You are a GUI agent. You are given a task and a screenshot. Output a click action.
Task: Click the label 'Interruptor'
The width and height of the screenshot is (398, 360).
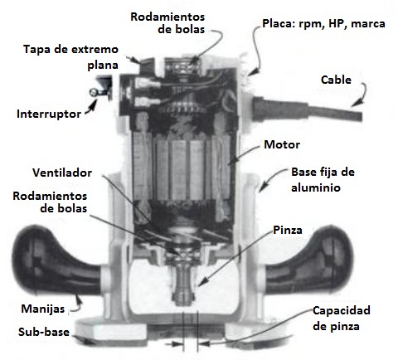pos(49,114)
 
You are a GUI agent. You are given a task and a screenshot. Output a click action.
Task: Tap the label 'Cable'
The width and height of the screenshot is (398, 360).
pos(336,80)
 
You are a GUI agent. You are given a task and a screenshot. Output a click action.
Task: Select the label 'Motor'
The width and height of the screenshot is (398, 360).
pos(282,144)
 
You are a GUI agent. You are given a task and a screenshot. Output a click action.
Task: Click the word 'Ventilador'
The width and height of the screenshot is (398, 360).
pos(62,173)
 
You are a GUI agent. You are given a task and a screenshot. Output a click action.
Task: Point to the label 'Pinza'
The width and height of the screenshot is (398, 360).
pos(288,230)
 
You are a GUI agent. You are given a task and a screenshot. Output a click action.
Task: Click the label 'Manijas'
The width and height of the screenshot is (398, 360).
pos(43,309)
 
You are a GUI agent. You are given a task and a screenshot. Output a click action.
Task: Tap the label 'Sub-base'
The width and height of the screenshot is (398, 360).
pos(44,332)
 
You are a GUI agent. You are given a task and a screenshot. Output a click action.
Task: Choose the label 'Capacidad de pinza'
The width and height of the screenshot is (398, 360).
pos(341,319)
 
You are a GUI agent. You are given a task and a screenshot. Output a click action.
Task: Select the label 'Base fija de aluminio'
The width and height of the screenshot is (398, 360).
pos(323,180)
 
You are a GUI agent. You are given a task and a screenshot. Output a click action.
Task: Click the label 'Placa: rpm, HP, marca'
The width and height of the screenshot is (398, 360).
pos(323,24)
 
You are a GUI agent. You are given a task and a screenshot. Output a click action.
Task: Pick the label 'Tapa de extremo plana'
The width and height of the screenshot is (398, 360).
pos(70,57)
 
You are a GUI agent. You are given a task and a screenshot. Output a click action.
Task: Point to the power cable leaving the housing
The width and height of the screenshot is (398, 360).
pos(307,110)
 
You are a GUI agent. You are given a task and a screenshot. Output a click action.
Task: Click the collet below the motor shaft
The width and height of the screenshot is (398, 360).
pos(182,285)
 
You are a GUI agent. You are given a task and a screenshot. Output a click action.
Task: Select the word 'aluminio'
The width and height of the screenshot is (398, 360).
pos(316,187)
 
